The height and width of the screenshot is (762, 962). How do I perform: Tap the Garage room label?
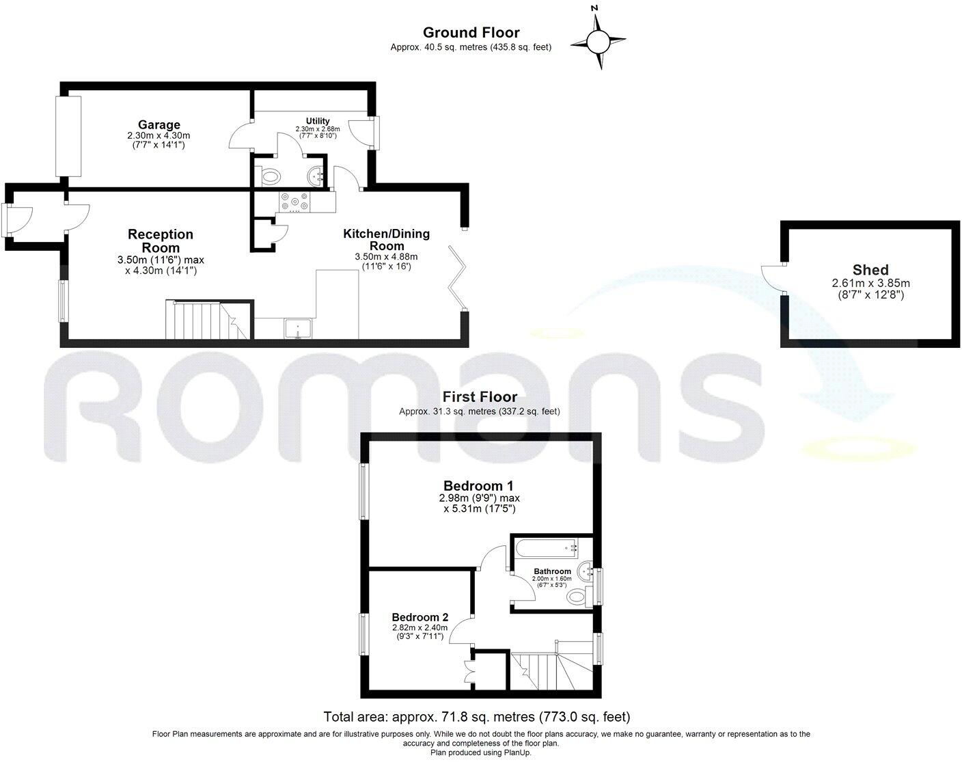(159, 124)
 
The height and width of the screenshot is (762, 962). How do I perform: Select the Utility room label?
(317, 121)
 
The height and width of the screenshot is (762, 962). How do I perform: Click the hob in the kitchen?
(294, 202)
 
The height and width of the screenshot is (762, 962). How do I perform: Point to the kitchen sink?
(299, 329)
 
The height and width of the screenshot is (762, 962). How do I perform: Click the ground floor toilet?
(271, 176)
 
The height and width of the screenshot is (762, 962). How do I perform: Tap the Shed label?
(870, 270)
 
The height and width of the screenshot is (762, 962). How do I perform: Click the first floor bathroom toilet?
(578, 597)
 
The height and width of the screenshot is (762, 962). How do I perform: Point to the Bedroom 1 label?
(477, 486)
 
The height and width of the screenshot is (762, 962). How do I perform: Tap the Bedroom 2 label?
(420, 616)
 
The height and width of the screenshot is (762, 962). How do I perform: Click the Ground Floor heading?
(471, 32)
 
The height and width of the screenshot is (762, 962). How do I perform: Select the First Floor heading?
(479, 396)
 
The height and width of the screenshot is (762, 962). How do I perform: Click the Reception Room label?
(161, 241)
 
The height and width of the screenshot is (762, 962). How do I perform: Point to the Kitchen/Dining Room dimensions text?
(386, 261)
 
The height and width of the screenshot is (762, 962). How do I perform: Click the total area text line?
(476, 717)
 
